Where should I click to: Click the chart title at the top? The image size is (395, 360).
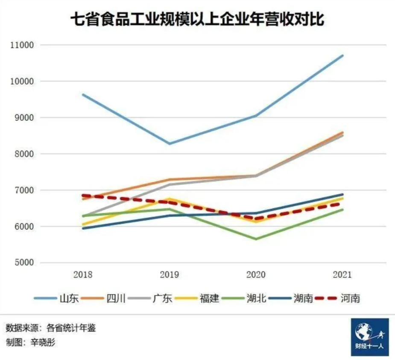coord(197,20)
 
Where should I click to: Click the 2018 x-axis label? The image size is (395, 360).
coord(83,275)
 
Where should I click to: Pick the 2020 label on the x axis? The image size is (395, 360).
coord(255,275)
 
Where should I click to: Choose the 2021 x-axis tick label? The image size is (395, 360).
coord(342,275)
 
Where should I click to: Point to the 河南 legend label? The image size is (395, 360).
coord(350,298)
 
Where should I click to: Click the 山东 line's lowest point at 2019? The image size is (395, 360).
coord(170,143)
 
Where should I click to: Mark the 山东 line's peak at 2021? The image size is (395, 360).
coord(342,56)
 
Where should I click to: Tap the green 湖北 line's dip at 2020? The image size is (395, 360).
coord(256,239)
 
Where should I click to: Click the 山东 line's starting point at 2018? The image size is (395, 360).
coord(83,94)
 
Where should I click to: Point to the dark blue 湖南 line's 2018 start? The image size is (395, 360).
coord(83,228)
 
